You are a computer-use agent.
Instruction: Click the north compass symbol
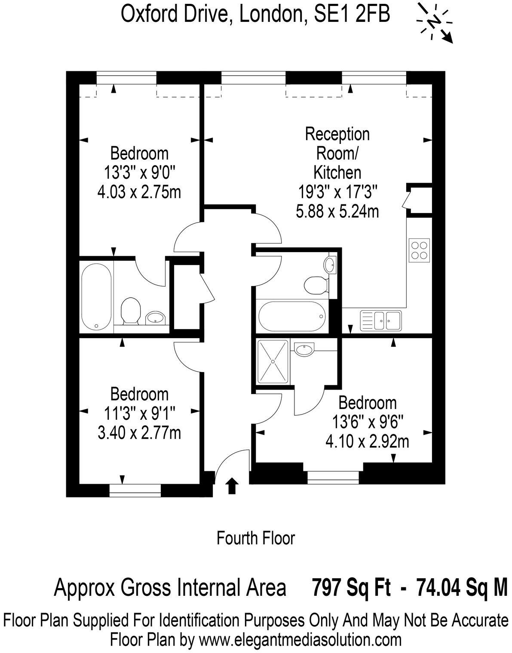tap(435, 22)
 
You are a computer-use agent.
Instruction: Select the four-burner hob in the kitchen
tap(419, 249)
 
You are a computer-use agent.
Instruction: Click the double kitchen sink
tap(380, 320)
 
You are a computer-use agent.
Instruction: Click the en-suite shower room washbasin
tap(305, 349)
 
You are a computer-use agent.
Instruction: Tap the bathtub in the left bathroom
tap(96, 296)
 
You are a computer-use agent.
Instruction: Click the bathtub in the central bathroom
tap(291, 317)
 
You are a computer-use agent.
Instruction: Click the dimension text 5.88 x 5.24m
tap(337, 211)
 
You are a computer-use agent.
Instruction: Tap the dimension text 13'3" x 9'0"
tap(139, 173)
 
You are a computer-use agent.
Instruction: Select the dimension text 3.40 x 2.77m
tap(139, 433)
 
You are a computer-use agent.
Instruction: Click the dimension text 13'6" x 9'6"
tap(368, 422)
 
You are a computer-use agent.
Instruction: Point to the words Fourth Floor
tap(256, 538)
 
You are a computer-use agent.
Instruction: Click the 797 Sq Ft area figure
tap(351, 587)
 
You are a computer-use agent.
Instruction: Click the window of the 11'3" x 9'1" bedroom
tap(135, 490)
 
